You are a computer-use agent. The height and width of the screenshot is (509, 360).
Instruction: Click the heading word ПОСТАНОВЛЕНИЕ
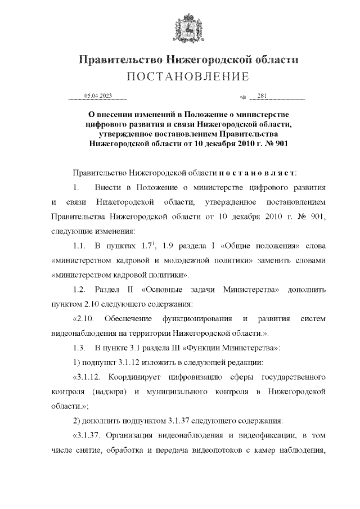[187, 76]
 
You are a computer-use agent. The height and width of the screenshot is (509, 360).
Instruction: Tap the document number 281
[262, 96]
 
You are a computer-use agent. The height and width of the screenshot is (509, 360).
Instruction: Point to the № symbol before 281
[244, 98]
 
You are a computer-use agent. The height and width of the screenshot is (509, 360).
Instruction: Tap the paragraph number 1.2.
[79, 290]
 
